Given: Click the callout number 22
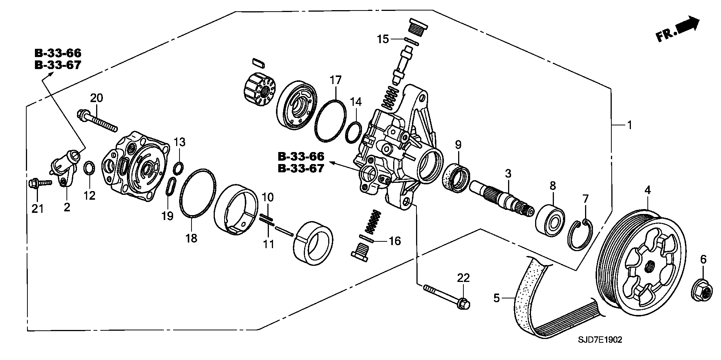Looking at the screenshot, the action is click(x=463, y=278).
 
